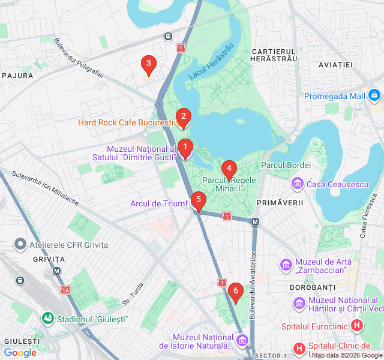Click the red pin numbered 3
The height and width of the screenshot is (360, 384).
click(148, 64)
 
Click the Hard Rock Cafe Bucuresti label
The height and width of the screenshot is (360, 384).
click(125, 122)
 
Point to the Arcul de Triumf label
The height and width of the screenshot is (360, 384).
click(159, 203)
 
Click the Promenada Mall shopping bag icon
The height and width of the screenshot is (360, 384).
click(374, 95)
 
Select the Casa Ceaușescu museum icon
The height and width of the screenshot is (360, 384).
click(296, 184)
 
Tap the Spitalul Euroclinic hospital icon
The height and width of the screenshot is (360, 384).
click(357, 326)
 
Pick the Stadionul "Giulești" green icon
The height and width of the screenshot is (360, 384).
click(47, 319)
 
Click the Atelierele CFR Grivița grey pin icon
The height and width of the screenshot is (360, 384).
click(21, 245)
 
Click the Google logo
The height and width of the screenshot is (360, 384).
click(20, 353)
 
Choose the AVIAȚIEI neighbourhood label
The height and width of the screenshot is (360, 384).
click(335, 64)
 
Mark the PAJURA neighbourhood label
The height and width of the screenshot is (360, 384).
click(17, 76)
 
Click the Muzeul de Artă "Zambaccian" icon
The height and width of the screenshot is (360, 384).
click(286, 264)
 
